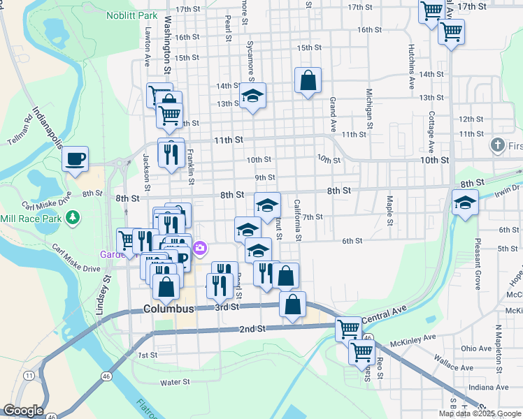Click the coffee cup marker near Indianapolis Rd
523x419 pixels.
76,159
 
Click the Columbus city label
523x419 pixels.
169,309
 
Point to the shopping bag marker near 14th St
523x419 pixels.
308,81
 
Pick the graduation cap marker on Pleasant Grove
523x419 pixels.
464,203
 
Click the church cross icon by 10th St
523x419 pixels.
497,146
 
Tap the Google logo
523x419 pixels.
22,411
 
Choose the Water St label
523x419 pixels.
175,382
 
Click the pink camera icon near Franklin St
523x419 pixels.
200,248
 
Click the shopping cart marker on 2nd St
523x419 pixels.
348,328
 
